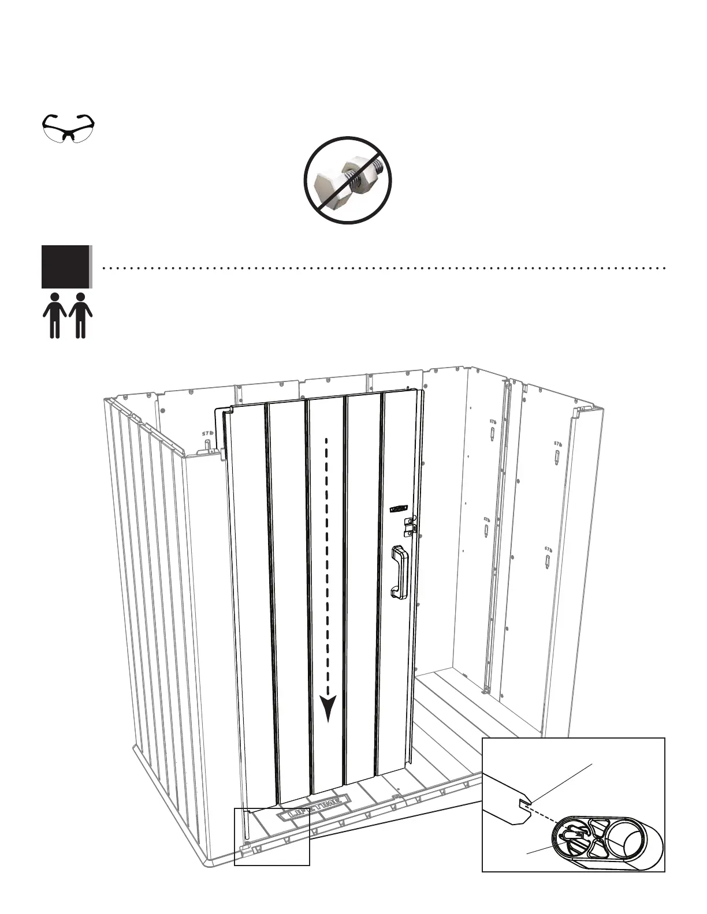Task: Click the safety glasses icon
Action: point(69,128)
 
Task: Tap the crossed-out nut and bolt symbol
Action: point(348,180)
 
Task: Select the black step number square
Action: point(66,267)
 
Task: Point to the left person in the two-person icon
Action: point(55,314)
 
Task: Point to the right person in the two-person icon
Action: point(80,314)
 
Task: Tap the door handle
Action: point(399,571)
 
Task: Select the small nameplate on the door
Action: point(399,508)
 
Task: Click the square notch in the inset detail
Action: point(523,803)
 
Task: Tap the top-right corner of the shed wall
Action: point(595,411)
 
